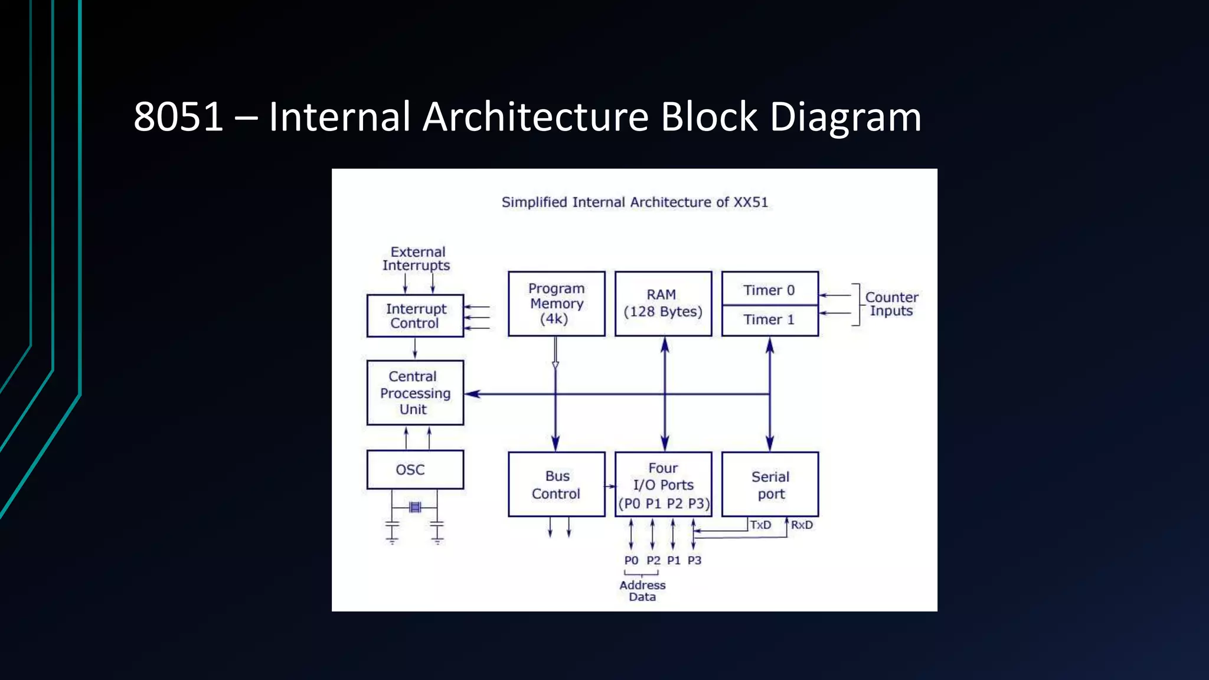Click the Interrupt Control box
[415, 316]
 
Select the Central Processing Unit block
[415, 393]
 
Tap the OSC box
[415, 470]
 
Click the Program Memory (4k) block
[556, 304]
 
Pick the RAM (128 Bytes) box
[663, 304]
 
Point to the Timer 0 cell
[769, 290]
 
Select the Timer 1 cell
[769, 320]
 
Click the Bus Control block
[556, 485]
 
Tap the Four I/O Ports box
[663, 485]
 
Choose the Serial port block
[770, 485]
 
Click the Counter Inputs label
[891, 304]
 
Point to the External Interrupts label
[416, 259]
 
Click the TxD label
[761, 525]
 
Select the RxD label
[802, 525]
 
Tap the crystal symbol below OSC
[415, 507]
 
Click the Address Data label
[642, 591]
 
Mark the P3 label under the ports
[694, 560]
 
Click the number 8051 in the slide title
[178, 116]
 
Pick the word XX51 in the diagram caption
[750, 202]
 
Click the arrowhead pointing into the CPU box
[473, 394]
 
